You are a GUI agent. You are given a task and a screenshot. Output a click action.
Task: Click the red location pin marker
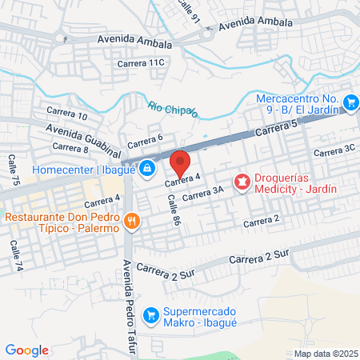181,164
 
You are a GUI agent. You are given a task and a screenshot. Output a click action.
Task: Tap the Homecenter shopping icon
147,170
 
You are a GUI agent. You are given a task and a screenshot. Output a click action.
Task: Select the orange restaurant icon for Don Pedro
132,219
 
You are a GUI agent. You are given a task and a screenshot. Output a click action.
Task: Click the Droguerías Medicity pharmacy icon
241,184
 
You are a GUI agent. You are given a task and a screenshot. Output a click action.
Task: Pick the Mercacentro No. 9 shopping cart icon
350,102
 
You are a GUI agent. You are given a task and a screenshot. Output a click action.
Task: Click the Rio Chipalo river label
172,107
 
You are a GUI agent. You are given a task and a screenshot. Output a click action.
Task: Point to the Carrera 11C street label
140,62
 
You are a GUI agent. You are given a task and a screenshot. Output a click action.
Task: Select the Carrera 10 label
66,114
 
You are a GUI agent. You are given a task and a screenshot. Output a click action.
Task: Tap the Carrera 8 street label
70,147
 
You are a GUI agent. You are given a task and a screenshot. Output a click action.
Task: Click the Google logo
26,350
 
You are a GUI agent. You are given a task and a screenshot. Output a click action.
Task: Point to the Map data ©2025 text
324,354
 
